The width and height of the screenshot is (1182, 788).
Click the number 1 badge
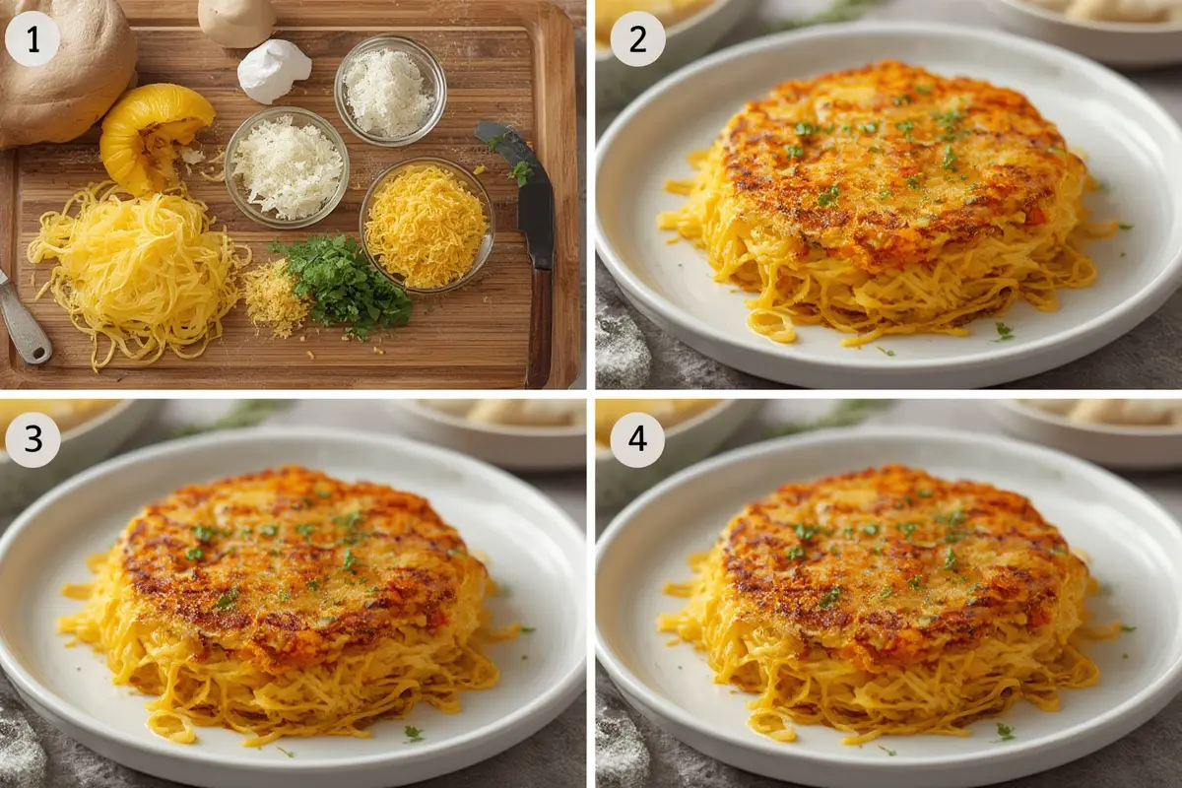[x=33, y=39]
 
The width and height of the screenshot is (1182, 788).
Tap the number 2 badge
[x=637, y=39]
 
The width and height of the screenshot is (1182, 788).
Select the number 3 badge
[x=33, y=439]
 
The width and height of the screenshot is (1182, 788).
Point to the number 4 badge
[x=637, y=439]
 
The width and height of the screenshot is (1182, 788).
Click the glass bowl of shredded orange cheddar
[x=427, y=226]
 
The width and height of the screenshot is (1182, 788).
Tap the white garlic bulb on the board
[x=274, y=70]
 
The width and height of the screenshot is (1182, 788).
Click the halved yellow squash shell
[x=155, y=137]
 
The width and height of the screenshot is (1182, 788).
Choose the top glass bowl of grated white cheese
[x=390, y=91]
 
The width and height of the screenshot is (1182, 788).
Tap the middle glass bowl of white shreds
[x=287, y=166]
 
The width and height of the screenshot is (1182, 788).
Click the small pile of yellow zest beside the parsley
[x=275, y=298]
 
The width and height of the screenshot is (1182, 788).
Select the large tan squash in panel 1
[x=66, y=71]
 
